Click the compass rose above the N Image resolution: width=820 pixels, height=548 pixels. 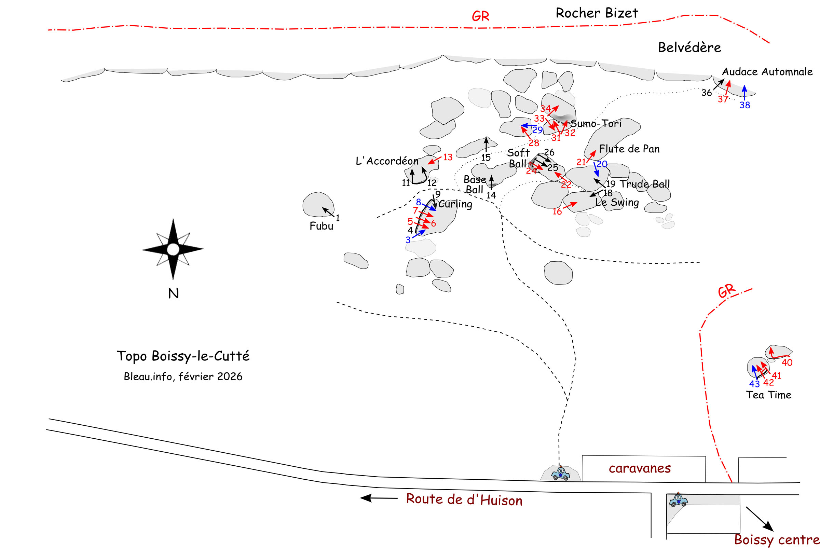tap(173, 249)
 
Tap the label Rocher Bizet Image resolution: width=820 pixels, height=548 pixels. tap(597, 13)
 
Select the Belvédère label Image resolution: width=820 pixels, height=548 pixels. tap(689, 47)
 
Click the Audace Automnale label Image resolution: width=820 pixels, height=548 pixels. tap(767, 72)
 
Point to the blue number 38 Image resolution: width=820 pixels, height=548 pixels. tap(744, 105)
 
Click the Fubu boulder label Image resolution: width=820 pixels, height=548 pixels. tap(321, 226)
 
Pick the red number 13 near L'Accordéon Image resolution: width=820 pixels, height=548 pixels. tap(448, 157)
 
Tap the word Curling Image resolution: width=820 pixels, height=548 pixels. tap(455, 204)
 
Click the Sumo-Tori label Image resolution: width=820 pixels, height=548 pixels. tap(596, 124)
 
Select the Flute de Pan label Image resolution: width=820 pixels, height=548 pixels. tap(629, 149)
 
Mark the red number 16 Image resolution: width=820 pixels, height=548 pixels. tap(557, 212)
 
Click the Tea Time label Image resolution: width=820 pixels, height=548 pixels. tap(769, 395)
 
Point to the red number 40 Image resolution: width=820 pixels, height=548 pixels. tap(787, 363)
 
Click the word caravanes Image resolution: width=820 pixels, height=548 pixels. tap(640, 468)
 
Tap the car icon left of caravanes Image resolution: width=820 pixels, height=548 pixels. tap(561, 474)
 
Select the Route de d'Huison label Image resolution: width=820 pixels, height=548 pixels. tap(464, 499)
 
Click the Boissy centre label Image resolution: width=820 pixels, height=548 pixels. tap(777, 539)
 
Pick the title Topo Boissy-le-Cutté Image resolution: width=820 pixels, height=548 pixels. tap(183, 356)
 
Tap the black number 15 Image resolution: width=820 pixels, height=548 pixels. tap(486, 158)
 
